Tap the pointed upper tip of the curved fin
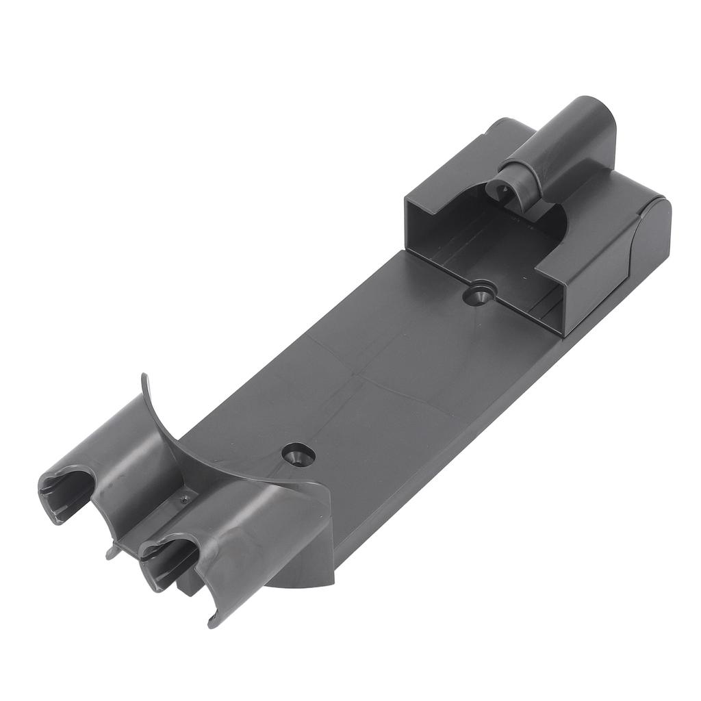coord(144,377)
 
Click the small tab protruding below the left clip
coord(111,552)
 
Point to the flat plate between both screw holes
coord(383,377)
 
